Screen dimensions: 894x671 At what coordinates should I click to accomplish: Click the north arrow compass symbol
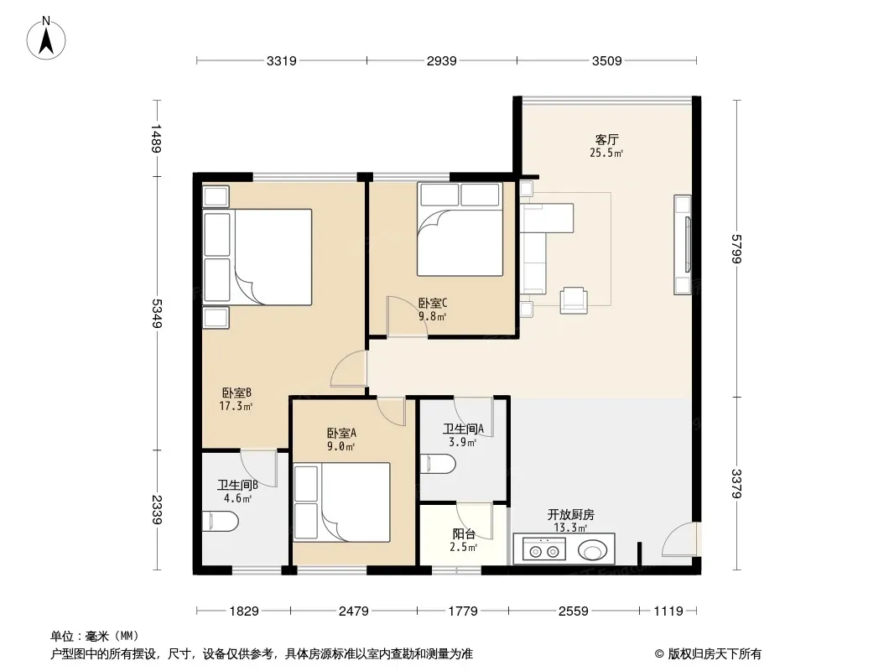pos(46,39)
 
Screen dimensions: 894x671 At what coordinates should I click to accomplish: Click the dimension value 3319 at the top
pos(282,61)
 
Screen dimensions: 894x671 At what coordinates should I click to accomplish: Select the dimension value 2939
pos(442,61)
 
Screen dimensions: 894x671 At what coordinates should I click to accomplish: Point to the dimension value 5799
pos(736,248)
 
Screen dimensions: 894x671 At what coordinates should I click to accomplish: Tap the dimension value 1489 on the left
pos(157,138)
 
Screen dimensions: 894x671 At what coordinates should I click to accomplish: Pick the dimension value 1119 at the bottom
pos(668,611)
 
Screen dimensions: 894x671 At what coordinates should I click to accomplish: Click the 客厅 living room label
pos(606,140)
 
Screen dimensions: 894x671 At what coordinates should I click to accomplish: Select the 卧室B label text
pos(236,393)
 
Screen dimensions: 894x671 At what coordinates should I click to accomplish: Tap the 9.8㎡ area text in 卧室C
pos(432,316)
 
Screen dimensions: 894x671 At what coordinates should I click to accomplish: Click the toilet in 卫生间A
pos(438,464)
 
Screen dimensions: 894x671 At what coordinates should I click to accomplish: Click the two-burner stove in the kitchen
pos(543,550)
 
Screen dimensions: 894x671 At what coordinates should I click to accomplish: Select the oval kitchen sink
pos(593,551)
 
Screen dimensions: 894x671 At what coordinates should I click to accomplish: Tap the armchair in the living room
pos(574,300)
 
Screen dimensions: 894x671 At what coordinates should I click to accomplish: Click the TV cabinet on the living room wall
pos(683,245)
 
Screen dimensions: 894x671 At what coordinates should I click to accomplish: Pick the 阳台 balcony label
pos(464,534)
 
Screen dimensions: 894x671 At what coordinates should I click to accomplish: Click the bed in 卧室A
pos(341,502)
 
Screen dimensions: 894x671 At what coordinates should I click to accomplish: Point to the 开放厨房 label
pos(571,515)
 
